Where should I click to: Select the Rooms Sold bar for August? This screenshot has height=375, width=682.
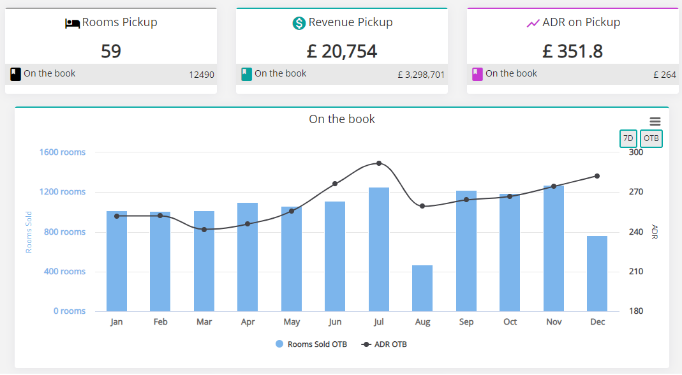point(422,288)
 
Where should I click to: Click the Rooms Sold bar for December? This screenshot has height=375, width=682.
point(597,274)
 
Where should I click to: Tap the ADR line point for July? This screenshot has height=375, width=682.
point(379,163)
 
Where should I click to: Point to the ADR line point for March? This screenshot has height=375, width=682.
point(204,230)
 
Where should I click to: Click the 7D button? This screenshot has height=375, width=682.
point(628,138)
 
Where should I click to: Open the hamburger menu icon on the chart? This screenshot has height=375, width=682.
point(655,121)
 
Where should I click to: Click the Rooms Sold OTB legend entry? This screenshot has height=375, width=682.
point(311,344)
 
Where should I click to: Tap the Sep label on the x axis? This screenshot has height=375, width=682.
point(466,322)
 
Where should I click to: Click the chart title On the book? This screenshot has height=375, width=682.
point(342,119)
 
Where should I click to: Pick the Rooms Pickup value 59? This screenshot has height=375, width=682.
point(111,51)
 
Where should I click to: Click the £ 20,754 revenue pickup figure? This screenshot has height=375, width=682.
point(342,51)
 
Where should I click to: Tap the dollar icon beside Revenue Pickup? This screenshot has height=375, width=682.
point(299,23)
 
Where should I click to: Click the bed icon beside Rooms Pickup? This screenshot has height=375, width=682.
point(72,24)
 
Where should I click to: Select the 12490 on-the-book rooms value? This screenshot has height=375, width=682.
point(202,75)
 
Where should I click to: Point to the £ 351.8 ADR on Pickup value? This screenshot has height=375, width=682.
point(573,51)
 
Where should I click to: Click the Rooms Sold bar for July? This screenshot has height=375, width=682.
point(379,249)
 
